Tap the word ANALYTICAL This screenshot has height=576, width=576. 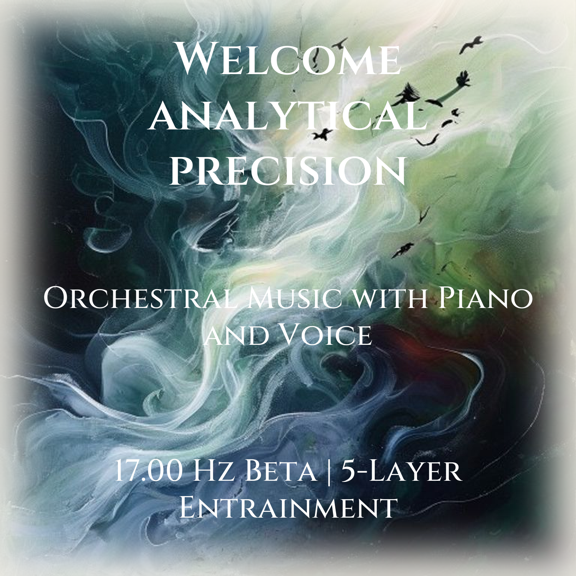click(288, 114)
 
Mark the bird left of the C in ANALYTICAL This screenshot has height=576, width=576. click(323, 134)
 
